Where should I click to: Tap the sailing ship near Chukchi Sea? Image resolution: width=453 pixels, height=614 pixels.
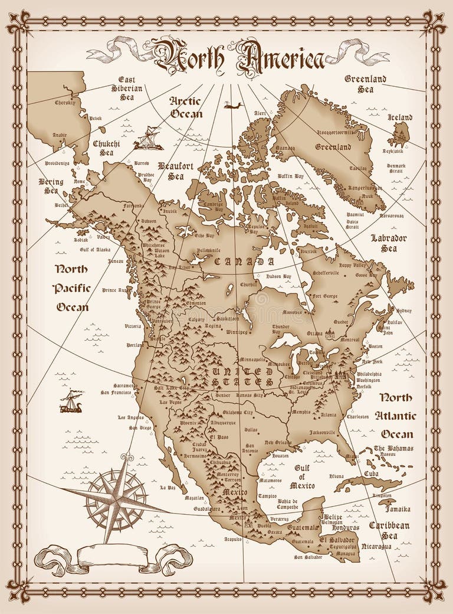click(x=147, y=139)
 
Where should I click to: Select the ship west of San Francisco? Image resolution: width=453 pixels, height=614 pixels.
click(x=71, y=401)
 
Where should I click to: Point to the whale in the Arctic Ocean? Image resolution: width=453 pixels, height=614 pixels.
click(x=234, y=106)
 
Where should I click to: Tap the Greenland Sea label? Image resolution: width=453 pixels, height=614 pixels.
click(x=365, y=84)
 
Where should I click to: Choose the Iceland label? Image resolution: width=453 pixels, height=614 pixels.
click(x=399, y=117)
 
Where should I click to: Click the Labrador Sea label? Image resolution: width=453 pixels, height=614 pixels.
click(x=388, y=243)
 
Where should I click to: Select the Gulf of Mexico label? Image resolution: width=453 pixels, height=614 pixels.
click(x=301, y=476)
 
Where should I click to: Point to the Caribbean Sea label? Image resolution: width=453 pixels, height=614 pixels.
click(x=389, y=530)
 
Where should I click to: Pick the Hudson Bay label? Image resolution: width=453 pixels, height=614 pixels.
click(x=278, y=276)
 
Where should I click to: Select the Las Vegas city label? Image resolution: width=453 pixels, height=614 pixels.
click(x=168, y=401)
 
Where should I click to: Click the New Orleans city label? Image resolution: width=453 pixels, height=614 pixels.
click(x=278, y=442)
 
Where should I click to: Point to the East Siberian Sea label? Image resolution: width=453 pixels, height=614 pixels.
click(x=127, y=88)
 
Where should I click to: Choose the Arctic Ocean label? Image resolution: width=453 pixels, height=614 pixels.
click(x=186, y=107)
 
